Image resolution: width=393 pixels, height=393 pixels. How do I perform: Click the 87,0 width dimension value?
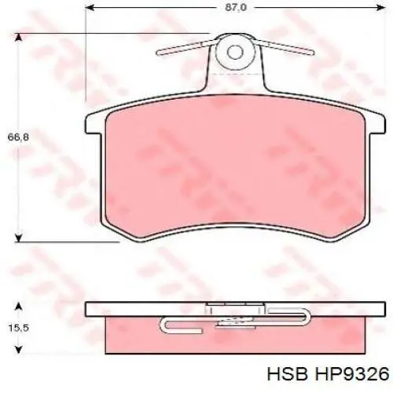click(236, 8)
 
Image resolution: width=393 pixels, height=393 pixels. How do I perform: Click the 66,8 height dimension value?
click(18, 137)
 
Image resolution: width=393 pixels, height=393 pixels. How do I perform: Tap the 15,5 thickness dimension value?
click(18, 328)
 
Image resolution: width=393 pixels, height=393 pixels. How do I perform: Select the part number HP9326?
click(352, 374)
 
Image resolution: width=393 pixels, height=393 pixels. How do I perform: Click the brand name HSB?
click(287, 374)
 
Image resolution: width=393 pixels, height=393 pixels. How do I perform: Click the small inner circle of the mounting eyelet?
click(235, 52)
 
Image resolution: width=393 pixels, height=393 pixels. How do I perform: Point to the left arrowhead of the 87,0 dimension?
click(90, 8)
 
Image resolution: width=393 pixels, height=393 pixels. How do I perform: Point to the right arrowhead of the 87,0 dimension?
click(381, 8)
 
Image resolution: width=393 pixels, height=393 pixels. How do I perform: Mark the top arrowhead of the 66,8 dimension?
click(18, 38)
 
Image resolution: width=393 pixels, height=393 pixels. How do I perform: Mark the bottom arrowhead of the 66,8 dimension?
click(18, 238)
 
